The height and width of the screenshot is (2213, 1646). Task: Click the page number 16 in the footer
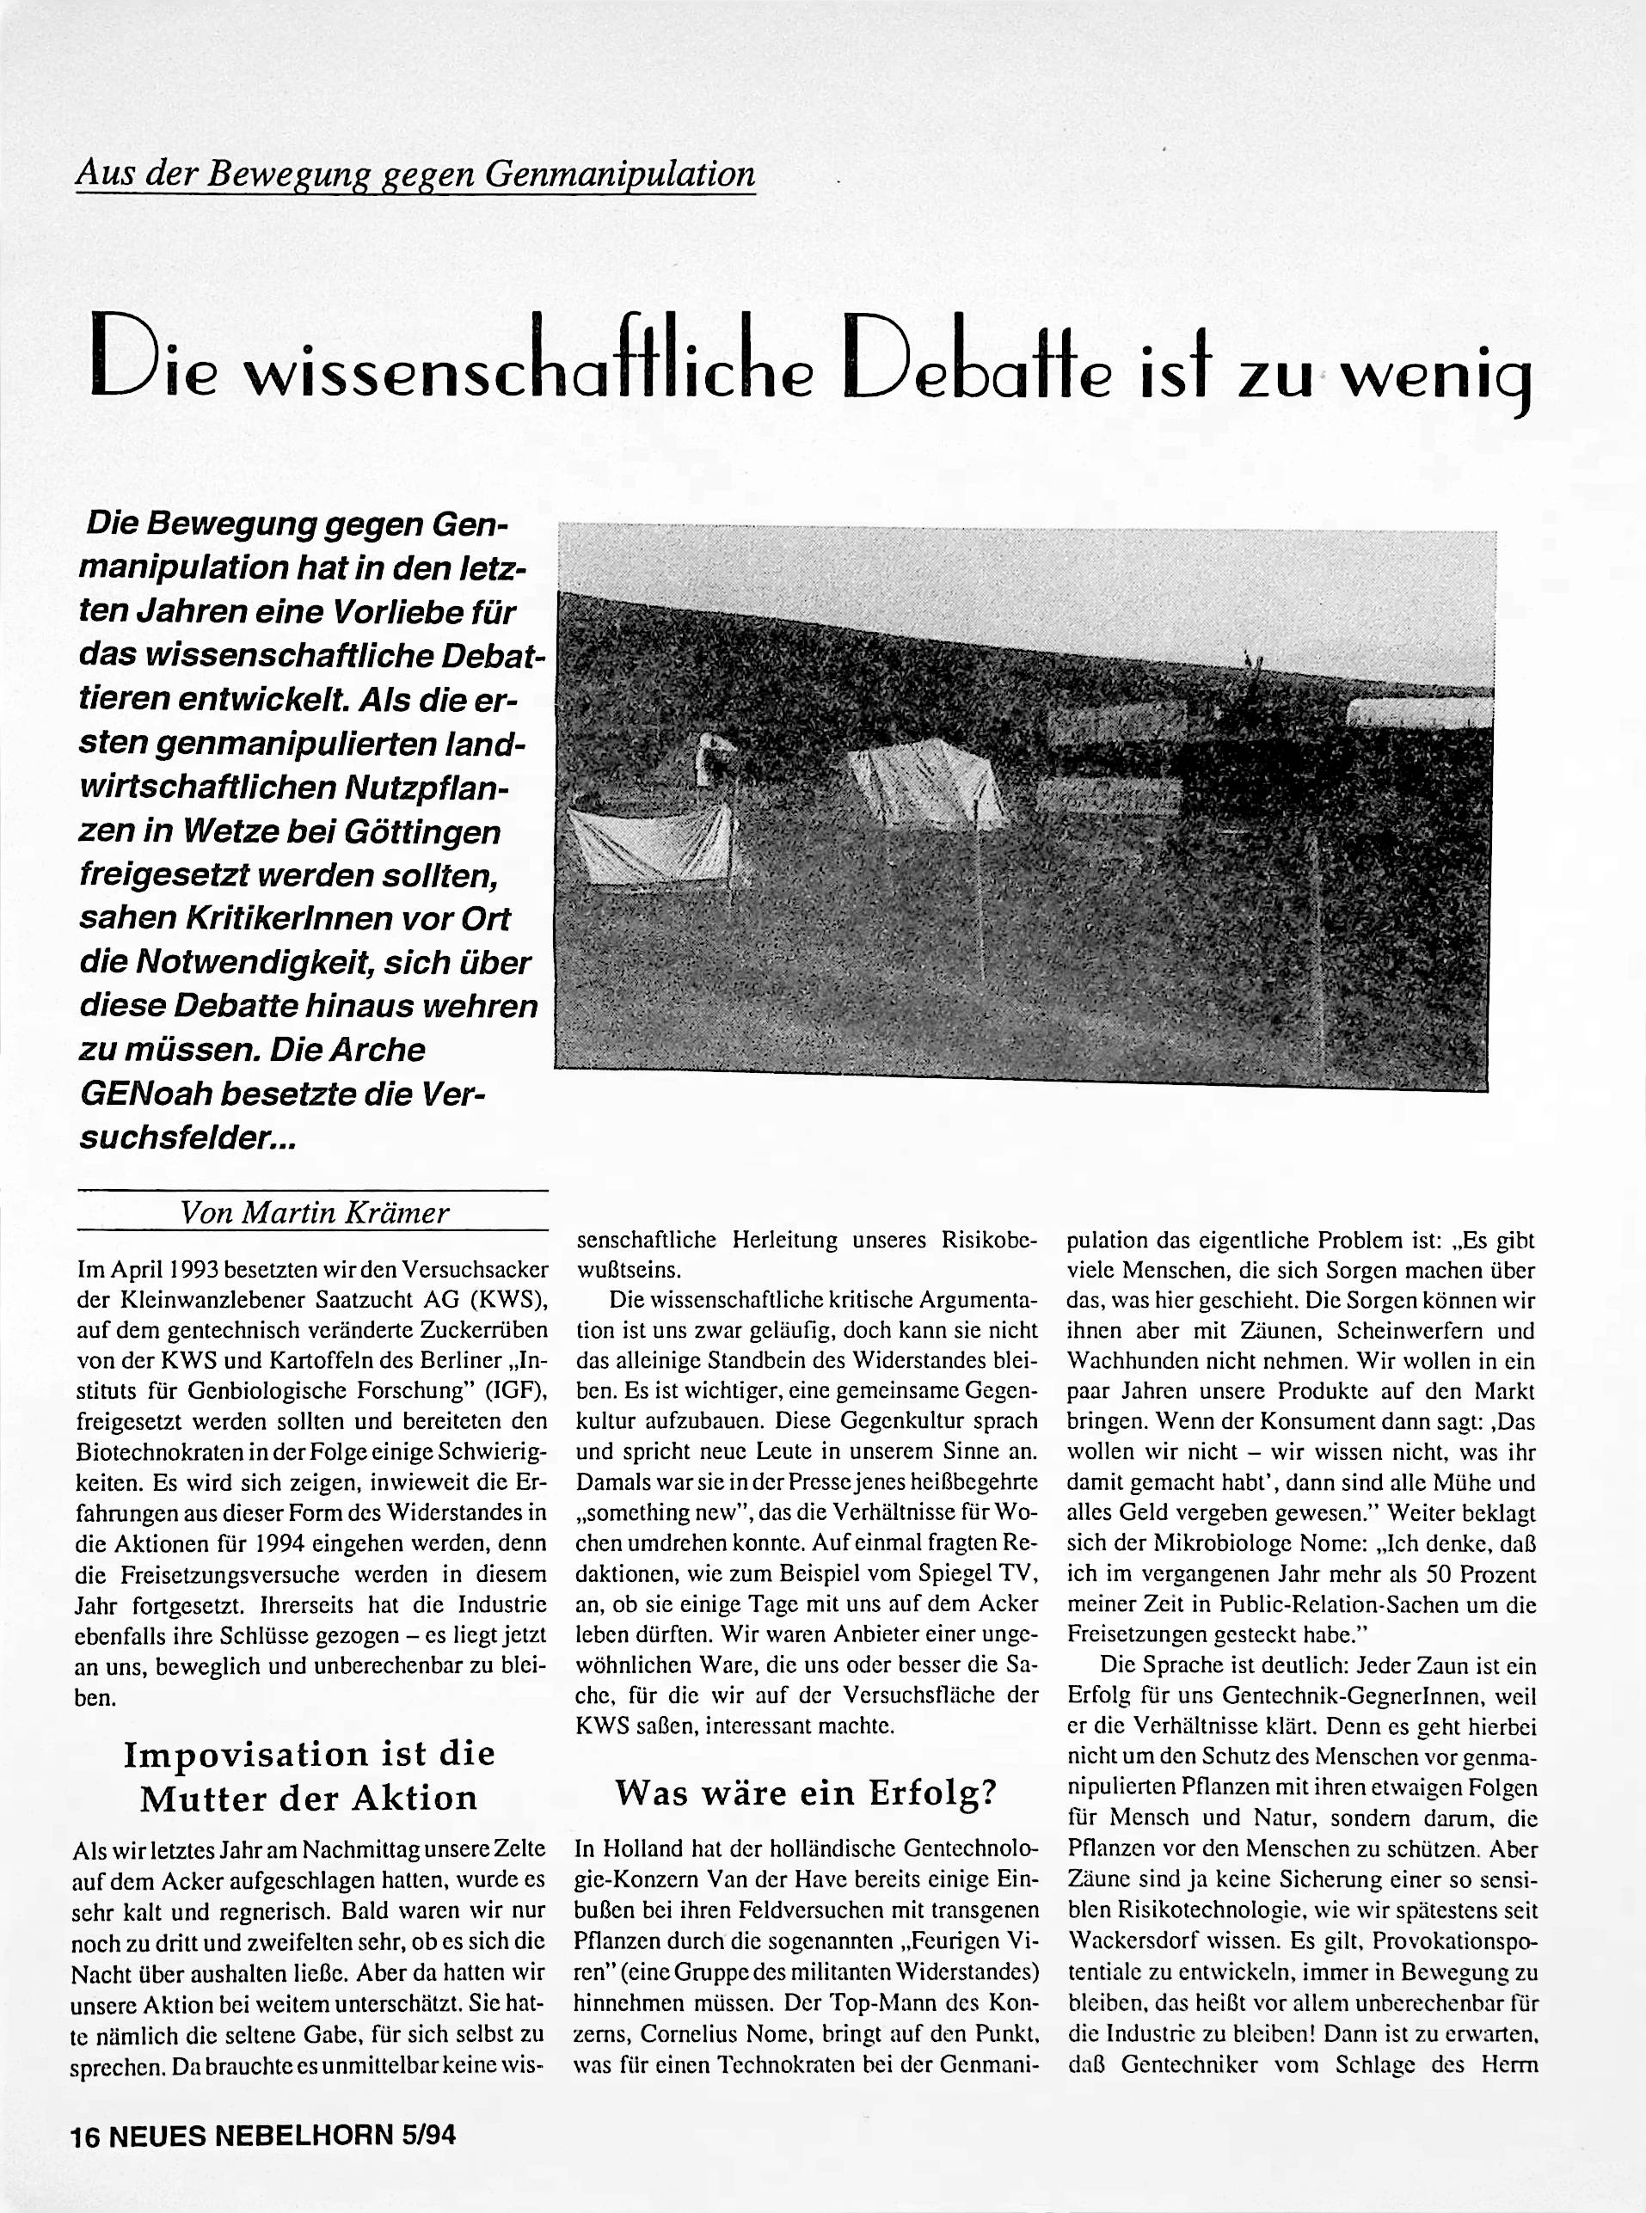point(84,2136)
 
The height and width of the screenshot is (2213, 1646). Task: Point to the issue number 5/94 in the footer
point(431,2136)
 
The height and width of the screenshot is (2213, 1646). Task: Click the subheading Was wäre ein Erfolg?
point(806,1793)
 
